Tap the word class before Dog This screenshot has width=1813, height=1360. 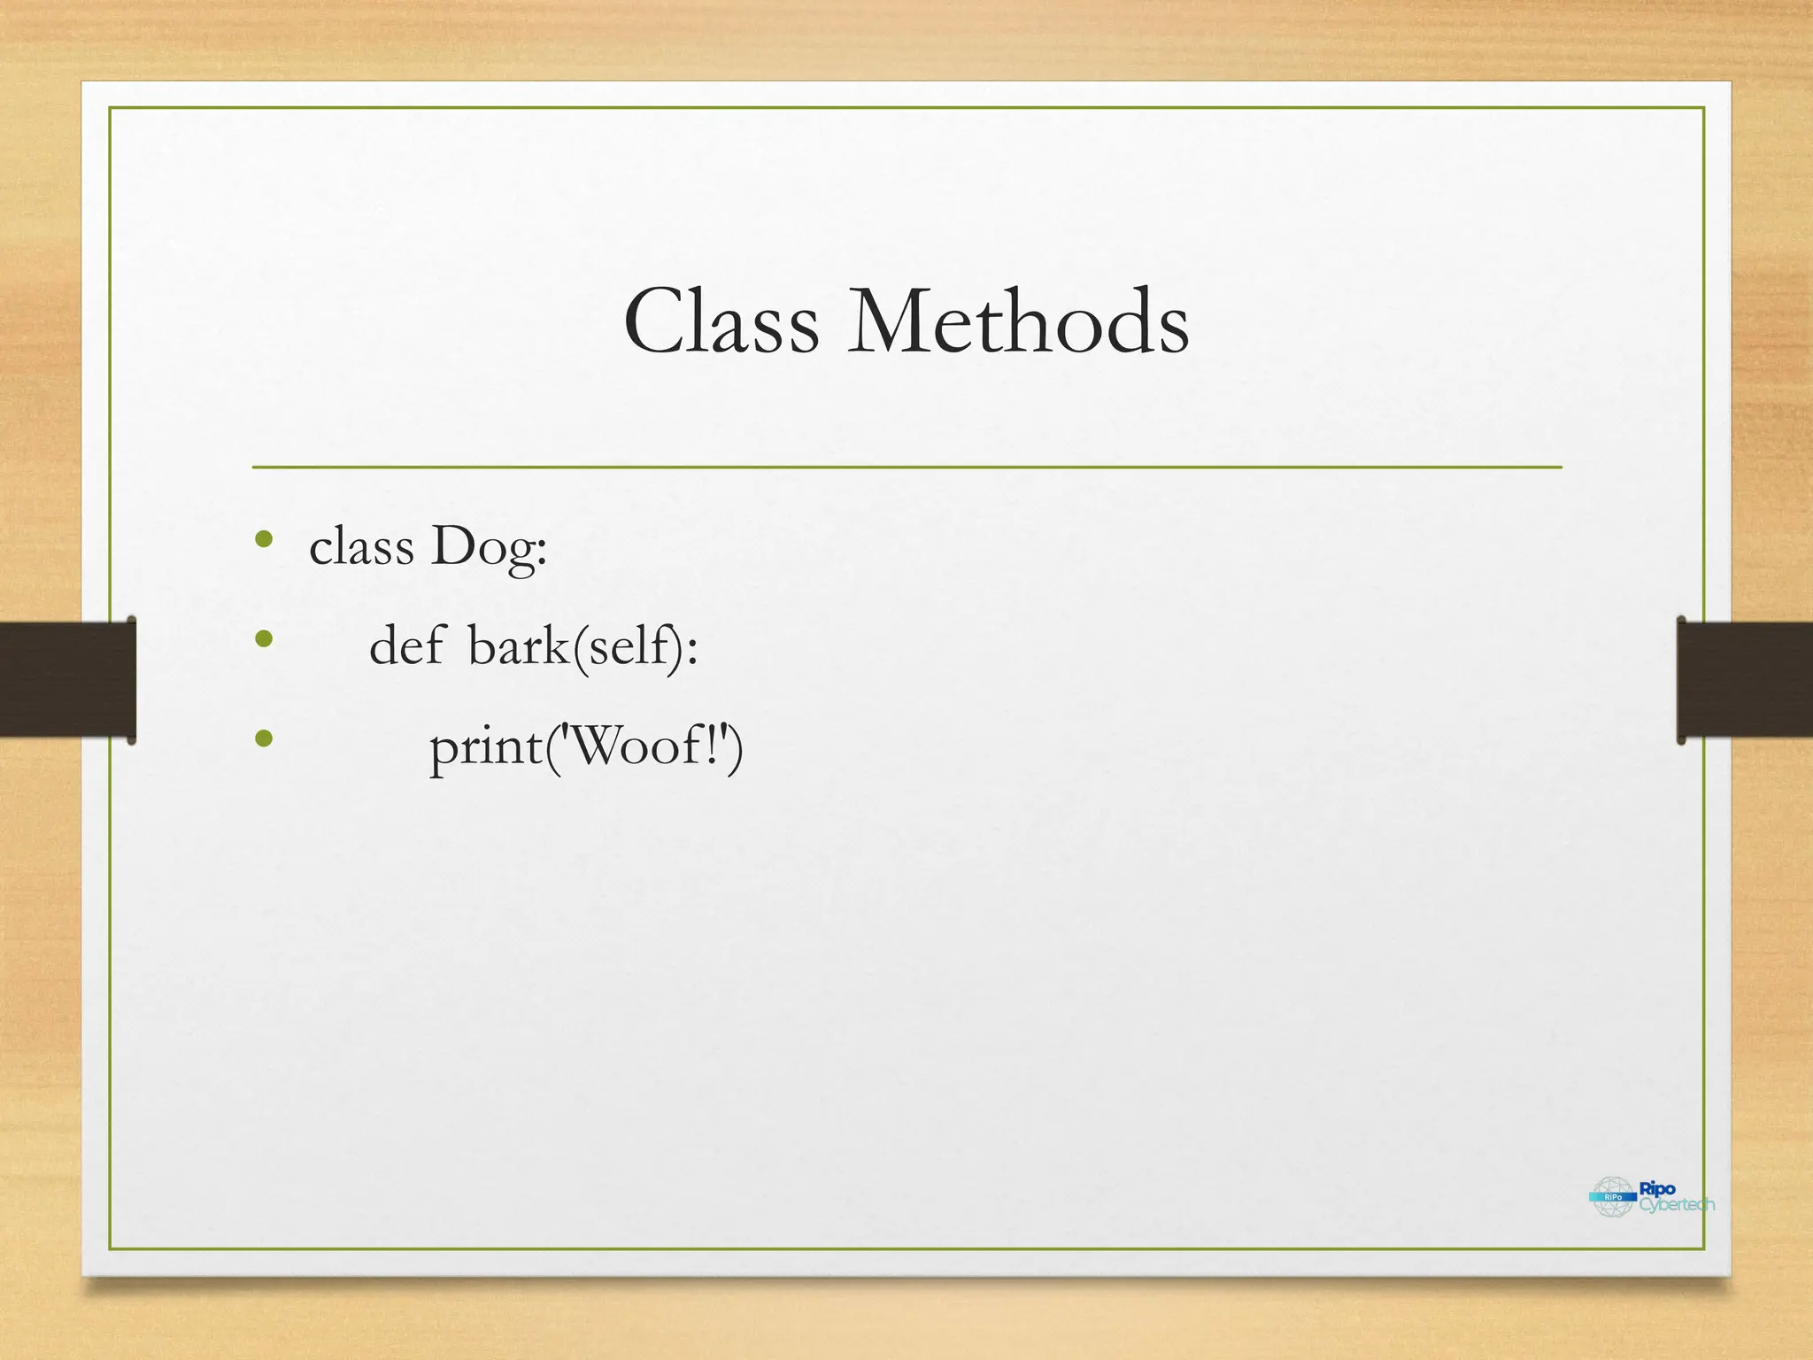coord(361,547)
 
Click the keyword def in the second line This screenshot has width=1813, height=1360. coord(406,646)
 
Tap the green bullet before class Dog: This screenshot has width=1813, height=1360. coord(263,539)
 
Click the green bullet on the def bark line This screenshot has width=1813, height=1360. coord(263,638)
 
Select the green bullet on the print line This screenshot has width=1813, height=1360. coord(263,738)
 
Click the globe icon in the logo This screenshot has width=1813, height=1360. coord(1613,1197)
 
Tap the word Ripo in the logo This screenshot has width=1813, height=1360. coord(1657,1189)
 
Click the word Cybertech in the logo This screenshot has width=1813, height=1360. coord(1677,1205)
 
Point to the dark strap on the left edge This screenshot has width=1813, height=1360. coord(67,679)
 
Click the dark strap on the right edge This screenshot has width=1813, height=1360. coord(1744,679)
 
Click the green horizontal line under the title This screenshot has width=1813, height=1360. coord(906,467)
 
